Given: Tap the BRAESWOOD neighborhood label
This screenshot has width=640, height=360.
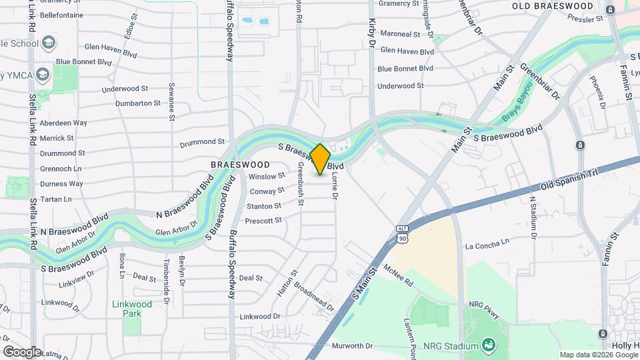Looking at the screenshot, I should click(240, 164).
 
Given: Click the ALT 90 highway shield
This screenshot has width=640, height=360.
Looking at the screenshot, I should click(401, 233).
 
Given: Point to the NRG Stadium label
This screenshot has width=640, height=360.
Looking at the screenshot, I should click(451, 346).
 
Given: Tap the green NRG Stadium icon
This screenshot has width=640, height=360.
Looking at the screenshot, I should click(489, 345).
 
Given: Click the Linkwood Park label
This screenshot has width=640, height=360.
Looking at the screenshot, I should click(132, 309).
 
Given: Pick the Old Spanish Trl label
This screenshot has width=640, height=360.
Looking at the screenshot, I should click(567, 178).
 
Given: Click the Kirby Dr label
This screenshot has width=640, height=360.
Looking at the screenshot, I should click(372, 33).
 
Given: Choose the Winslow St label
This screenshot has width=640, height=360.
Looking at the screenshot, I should click(266, 177).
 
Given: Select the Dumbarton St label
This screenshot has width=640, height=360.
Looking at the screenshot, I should click(138, 103).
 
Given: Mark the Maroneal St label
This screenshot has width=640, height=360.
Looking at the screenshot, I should click(400, 33).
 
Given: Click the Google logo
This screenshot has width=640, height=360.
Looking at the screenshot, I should click(22, 351).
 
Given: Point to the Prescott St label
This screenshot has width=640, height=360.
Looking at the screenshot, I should click(263, 221).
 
